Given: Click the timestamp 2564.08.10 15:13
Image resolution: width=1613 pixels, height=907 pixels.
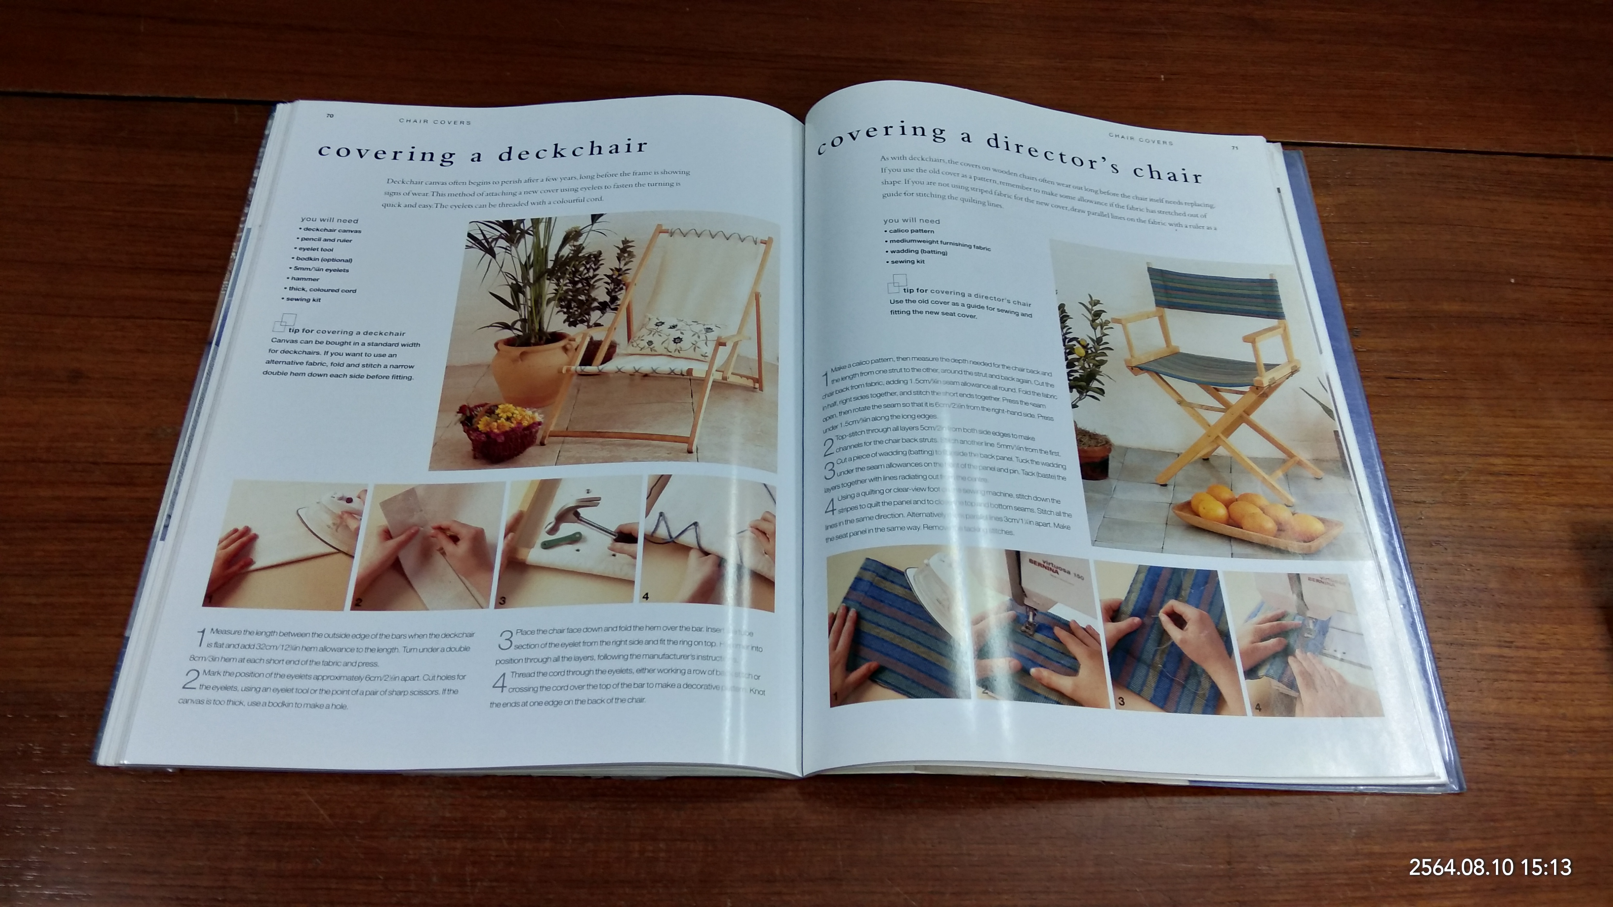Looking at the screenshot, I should pyautogui.click(x=1490, y=867).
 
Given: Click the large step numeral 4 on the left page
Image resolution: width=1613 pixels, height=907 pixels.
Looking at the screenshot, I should pyautogui.click(x=499, y=682).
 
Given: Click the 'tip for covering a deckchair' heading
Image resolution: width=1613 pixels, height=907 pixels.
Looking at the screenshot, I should pyautogui.click(x=346, y=332).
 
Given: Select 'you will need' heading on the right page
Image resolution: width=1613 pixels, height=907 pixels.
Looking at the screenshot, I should pyautogui.click(x=911, y=220).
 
